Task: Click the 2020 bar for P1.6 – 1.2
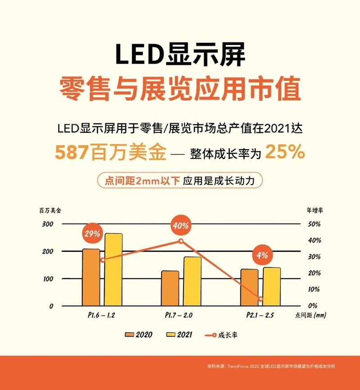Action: point(91,277)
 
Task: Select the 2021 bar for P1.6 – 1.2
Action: point(113,269)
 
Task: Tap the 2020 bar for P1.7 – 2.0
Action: point(170,288)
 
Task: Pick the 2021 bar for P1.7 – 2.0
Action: point(193,281)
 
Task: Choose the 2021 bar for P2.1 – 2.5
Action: point(272,286)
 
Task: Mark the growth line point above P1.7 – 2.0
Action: point(181,241)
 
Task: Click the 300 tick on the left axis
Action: point(48,224)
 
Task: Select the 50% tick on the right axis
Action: point(314,224)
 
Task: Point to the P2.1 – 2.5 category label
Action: point(261,315)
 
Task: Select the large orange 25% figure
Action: point(285,152)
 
